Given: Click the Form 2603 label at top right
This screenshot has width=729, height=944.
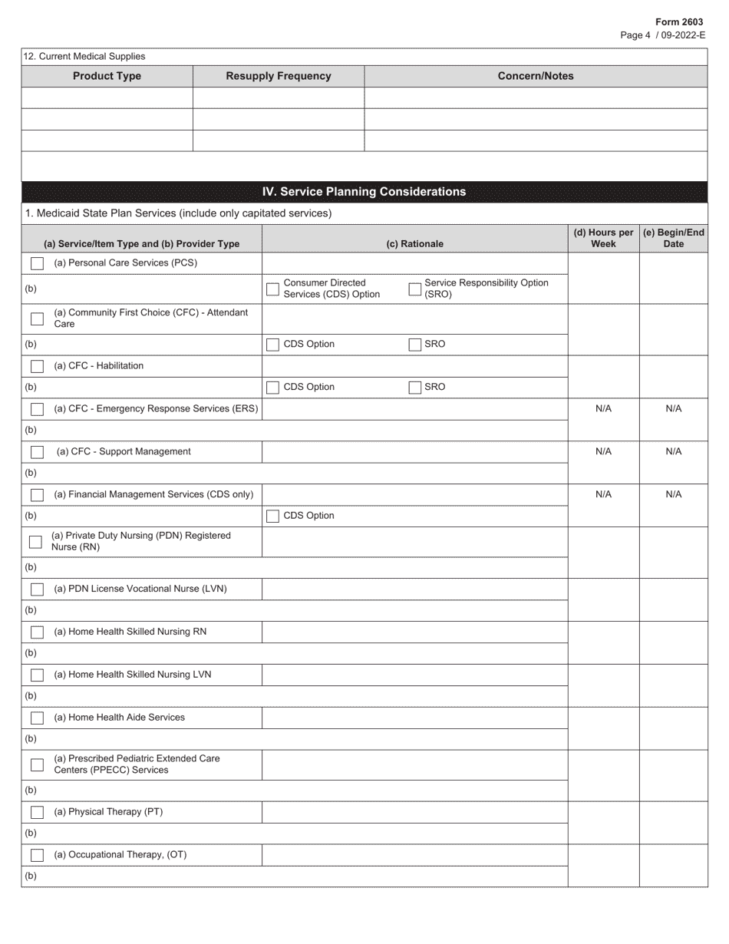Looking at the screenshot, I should pos(680,22).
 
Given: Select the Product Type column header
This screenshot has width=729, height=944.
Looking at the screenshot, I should pos(107,76).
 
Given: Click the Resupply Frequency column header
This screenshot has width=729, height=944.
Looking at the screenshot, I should pos(279,76).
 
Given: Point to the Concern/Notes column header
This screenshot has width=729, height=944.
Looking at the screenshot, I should pos(535,76).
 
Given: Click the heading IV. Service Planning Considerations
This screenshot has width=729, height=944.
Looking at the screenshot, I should pos(364,192).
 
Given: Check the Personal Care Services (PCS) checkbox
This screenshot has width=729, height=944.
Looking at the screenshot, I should pos(37,263).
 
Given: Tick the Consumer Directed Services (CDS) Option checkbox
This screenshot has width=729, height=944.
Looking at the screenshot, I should pos(272,289).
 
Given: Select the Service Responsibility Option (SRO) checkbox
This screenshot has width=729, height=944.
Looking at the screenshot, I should pos(415,289).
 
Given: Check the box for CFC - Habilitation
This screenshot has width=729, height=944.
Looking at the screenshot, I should pos(37,366).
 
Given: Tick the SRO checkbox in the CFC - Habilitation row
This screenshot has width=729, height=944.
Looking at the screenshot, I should pos(415,388).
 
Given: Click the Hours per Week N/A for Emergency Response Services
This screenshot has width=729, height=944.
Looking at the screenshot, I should pos(603,409).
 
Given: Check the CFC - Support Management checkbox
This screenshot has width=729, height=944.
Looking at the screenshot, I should pos(37,452).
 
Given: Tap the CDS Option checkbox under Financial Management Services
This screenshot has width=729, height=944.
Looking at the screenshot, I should pos(272,517).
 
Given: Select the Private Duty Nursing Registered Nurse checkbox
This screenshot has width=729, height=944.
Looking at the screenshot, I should pos(35,542).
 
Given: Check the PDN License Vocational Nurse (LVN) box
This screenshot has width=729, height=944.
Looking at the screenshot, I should pos(37,589).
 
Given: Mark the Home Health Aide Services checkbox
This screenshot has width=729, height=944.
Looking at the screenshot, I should pos(37,718).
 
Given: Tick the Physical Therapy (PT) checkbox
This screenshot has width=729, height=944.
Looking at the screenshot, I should pos(37,813).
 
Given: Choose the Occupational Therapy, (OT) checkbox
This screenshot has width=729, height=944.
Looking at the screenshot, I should pos(37,855).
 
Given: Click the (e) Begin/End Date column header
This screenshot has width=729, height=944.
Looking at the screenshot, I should pos(673,238).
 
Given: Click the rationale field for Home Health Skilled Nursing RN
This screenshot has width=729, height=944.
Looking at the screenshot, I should pos(414,632).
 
